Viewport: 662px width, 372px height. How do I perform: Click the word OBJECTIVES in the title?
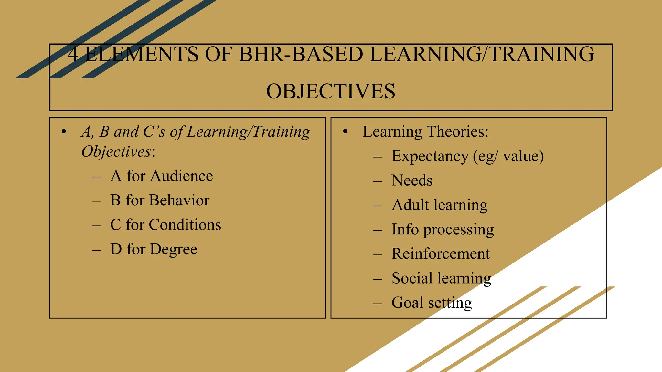[x=330, y=91]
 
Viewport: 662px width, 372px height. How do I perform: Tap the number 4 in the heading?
[x=73, y=54]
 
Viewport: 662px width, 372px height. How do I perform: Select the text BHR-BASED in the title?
[x=301, y=54]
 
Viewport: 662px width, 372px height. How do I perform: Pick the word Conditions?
[x=185, y=225]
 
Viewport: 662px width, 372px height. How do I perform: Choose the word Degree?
[x=173, y=249]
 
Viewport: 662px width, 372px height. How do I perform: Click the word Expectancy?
[x=430, y=157]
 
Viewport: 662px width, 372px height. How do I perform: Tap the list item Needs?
[x=412, y=181]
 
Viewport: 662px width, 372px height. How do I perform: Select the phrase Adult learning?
[x=439, y=205]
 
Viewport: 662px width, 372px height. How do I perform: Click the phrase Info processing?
[x=443, y=230]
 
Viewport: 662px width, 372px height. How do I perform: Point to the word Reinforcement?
[x=441, y=254]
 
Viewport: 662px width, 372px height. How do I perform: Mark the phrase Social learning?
[x=441, y=278]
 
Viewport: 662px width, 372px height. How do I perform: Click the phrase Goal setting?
[x=432, y=303]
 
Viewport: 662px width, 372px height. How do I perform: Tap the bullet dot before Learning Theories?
[x=345, y=132]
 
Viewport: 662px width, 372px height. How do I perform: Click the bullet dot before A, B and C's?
[x=64, y=132]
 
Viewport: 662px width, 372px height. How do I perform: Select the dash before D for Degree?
[x=96, y=250]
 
